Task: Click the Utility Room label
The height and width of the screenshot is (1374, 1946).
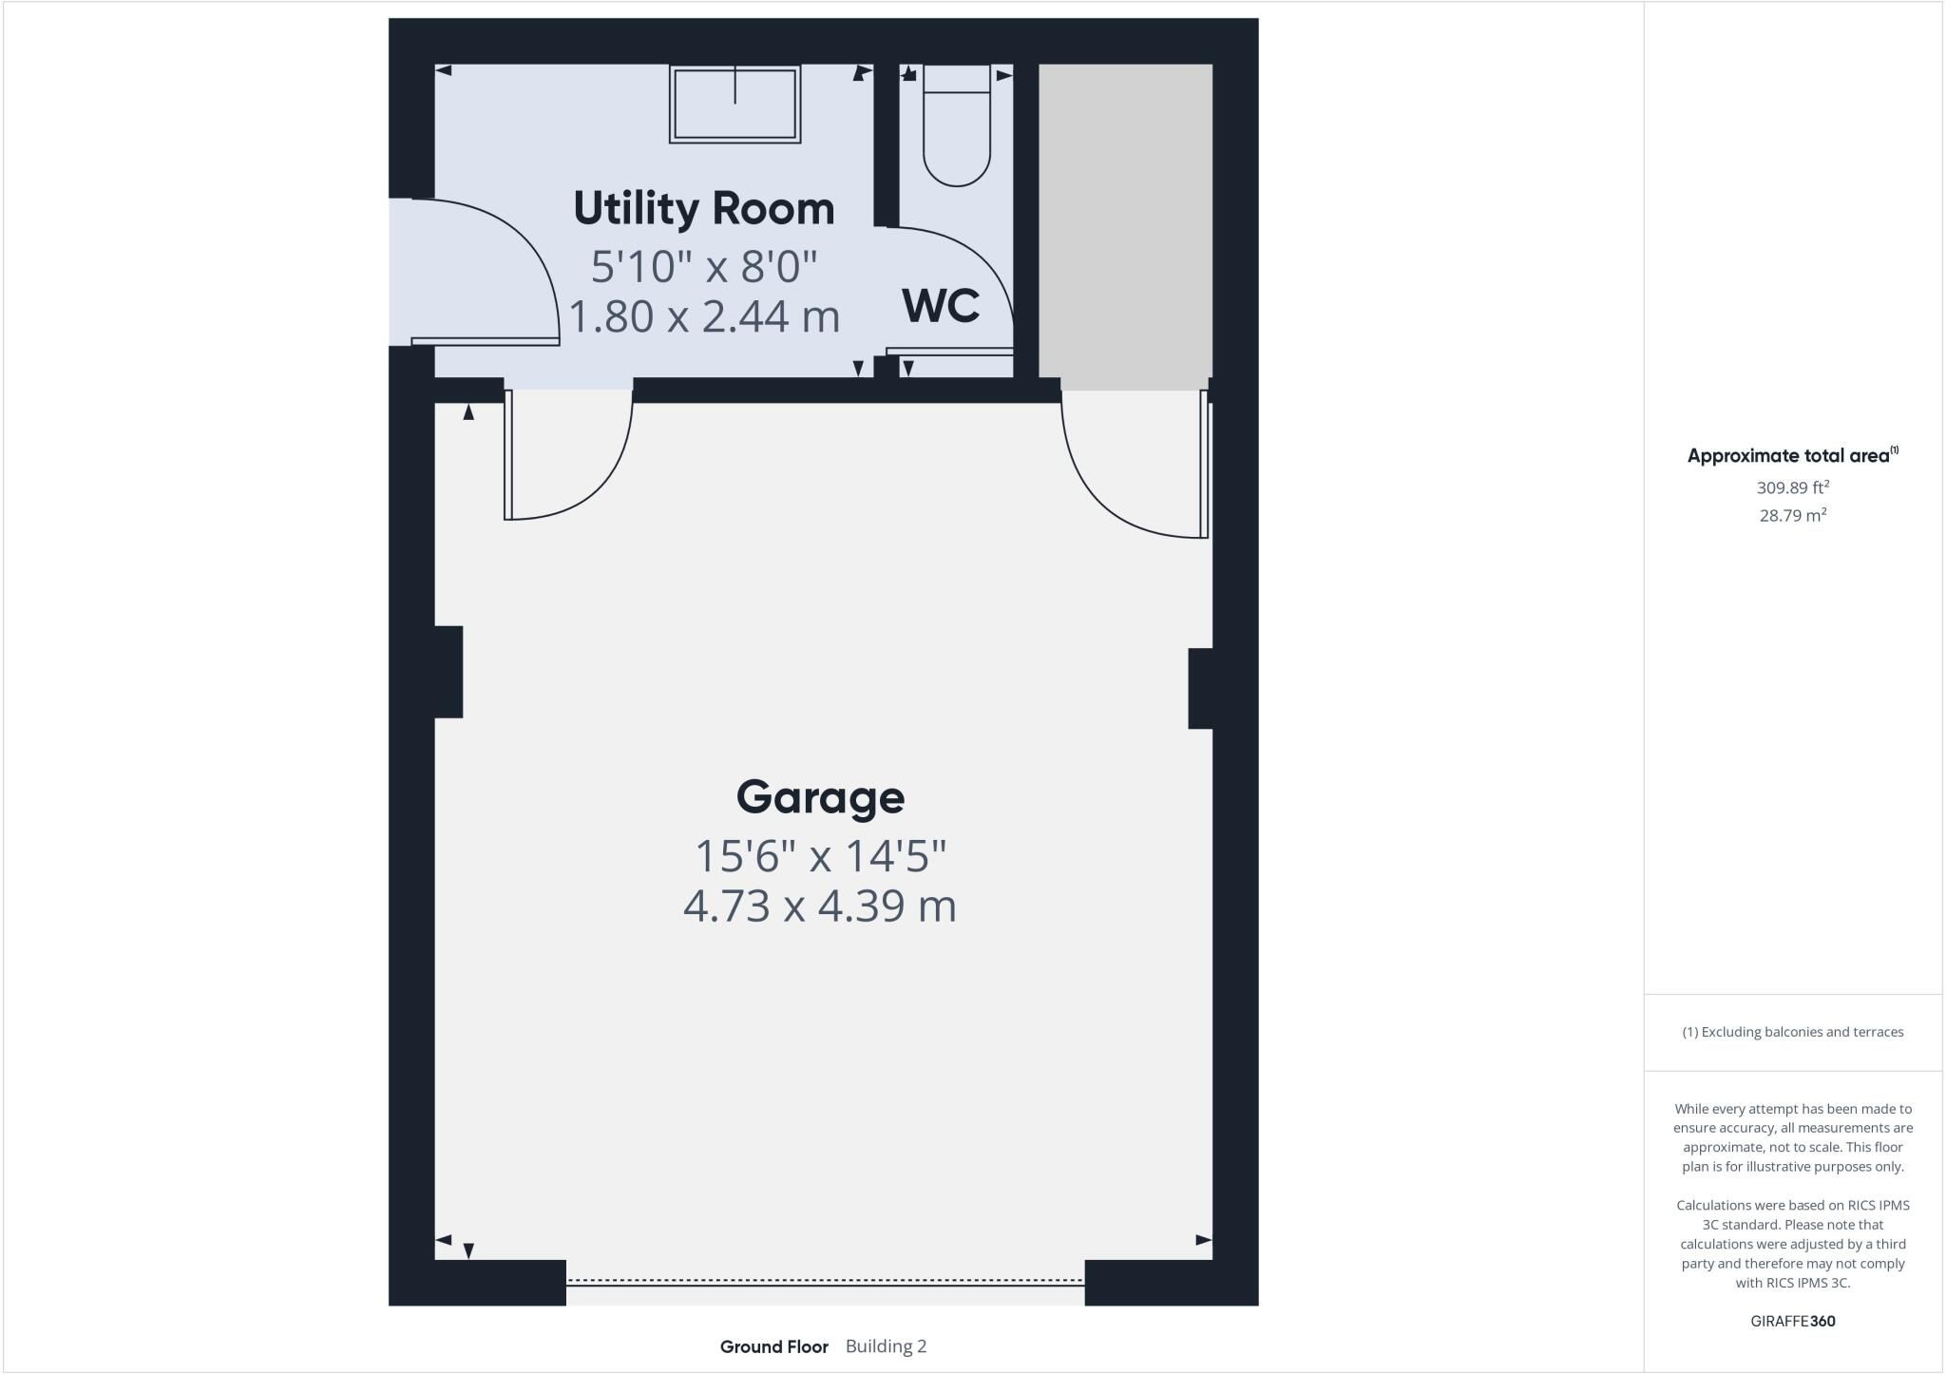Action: pos(704,208)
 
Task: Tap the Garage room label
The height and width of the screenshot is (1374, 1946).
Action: pos(820,797)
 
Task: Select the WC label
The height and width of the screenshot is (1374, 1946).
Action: pos(941,306)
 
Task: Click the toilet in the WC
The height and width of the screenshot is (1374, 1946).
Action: pos(957,125)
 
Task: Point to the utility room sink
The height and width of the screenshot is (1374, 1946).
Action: pos(735,104)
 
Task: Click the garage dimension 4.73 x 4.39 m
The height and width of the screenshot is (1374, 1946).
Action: pos(820,906)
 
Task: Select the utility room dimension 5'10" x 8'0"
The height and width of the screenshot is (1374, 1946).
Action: pos(704,266)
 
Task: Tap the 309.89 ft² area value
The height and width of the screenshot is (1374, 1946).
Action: pos(1793,487)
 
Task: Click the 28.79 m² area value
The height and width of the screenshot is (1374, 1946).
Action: pos(1793,515)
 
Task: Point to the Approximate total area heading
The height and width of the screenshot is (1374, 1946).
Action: pos(1793,455)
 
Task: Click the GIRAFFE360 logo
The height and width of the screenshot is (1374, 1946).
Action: pos(1793,1321)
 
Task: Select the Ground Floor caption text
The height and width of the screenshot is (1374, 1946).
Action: pos(773,1346)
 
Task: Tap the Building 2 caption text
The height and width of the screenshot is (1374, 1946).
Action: pos(886,1346)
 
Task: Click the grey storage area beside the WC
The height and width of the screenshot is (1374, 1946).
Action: pos(1125,220)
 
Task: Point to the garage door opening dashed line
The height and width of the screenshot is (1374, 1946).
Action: pos(825,1281)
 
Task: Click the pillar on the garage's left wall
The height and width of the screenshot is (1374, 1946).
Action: pos(448,672)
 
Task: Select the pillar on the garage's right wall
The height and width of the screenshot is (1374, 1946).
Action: pos(1200,689)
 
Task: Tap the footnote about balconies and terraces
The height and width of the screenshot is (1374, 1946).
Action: pos(1793,1032)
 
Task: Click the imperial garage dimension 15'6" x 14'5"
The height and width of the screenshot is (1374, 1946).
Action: pos(820,856)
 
